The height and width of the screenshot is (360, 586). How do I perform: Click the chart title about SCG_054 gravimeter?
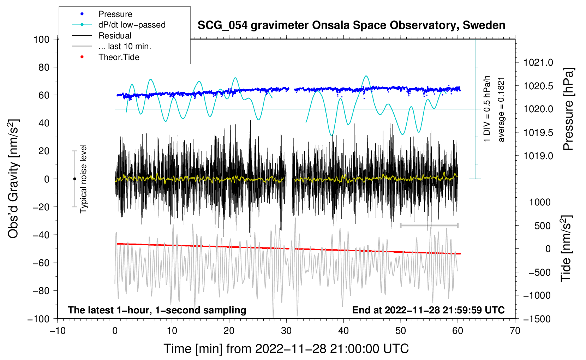pos(351,25)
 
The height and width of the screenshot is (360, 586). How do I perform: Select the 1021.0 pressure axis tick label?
pos(538,62)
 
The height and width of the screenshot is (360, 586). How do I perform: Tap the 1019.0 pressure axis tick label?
pos(538,156)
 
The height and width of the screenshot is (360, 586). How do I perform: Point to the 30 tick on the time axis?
pos(286,331)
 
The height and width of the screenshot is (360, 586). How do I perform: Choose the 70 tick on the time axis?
pos(515,331)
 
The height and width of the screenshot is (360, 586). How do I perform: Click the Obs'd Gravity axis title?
pos(13,179)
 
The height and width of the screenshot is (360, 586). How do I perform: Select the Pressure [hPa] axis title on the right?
pos(568,109)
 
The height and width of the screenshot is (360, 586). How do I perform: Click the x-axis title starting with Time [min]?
pos(286,349)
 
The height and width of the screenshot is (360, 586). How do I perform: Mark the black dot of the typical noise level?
pos(74,179)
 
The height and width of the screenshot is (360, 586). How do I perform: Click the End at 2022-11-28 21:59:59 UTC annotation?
pos(428,310)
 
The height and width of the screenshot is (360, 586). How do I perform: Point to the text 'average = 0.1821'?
pos(501,109)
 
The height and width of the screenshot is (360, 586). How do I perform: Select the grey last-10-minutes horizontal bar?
pos(429,225)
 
